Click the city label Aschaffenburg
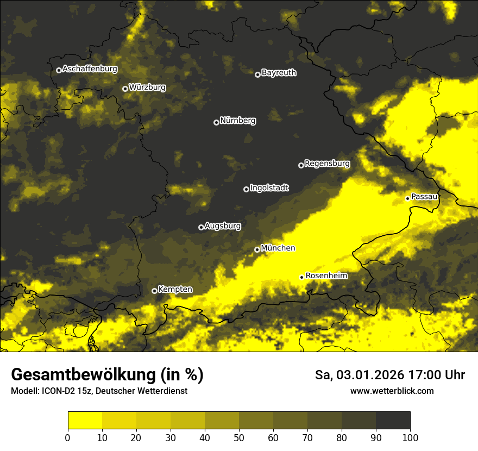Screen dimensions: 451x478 (90, 69)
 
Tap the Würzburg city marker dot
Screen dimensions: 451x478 (125, 89)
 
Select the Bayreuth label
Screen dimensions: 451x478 (279, 72)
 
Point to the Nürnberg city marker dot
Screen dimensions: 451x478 (216, 122)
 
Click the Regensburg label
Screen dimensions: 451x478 (327, 163)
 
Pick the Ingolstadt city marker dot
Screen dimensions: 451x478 (246, 189)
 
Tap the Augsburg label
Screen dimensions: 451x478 (223, 225)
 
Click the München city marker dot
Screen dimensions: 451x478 (257, 249)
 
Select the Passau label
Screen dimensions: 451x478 (424, 196)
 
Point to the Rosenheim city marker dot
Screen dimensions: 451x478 (301, 277)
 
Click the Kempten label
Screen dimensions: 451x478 (175, 289)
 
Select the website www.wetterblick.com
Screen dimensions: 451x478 (392, 391)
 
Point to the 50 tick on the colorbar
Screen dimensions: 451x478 (239, 437)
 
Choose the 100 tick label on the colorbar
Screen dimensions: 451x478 (410, 437)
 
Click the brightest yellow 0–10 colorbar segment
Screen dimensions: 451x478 (85, 421)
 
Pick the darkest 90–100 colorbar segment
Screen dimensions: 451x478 (393, 421)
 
